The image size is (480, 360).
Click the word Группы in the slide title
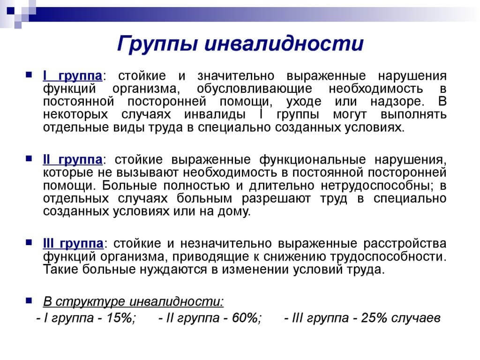[x=157, y=44]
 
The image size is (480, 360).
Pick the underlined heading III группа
[x=73, y=244]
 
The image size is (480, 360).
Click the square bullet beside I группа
[x=29, y=75]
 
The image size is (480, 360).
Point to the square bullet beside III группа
[x=29, y=242]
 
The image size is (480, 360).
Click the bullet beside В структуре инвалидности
[x=29, y=300]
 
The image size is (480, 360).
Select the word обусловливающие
[x=255, y=89]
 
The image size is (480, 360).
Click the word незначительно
[x=226, y=244]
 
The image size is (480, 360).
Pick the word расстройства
[x=405, y=244]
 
